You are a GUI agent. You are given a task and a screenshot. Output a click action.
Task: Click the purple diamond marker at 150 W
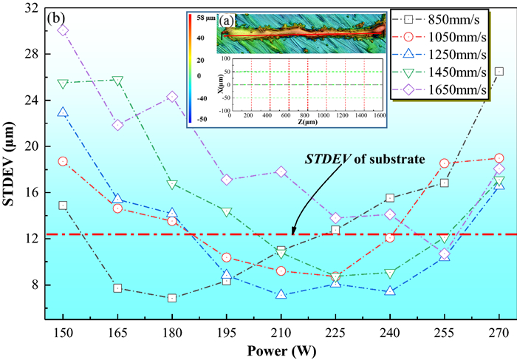pos(63,30)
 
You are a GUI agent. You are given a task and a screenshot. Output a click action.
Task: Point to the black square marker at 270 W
pos(499,71)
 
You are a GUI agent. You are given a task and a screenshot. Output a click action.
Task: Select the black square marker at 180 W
pos(172,298)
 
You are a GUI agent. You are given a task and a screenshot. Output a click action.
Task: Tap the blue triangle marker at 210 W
pos(281,294)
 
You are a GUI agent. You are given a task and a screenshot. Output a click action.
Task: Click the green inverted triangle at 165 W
pos(117,81)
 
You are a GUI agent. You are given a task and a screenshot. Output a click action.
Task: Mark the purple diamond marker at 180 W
pos(172,97)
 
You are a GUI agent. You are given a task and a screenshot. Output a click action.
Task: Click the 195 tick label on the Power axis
pos(227,331)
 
